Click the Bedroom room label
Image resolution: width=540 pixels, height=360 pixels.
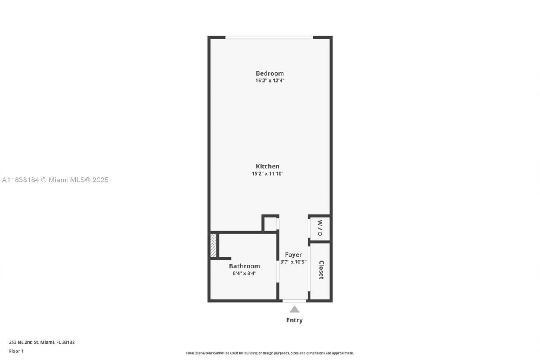tap(270, 73)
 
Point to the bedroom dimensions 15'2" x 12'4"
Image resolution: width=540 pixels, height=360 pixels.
tap(270, 81)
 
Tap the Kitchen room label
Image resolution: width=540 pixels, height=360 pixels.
tap(267, 166)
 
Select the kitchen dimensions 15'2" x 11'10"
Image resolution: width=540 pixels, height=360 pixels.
tap(267, 173)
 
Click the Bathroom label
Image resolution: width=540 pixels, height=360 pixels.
tap(244, 266)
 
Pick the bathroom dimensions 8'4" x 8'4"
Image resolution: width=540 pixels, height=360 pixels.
tap(244, 273)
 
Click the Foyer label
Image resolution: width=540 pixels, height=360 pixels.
tap(293, 254)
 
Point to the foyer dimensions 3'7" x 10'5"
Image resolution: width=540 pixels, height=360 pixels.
tap(293, 262)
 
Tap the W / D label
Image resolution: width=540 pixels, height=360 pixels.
tap(320, 228)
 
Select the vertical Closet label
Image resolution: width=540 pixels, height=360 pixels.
tap(321, 270)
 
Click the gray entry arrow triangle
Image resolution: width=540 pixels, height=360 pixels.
tap(294, 309)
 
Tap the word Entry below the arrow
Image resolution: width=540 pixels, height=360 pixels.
tap(294, 320)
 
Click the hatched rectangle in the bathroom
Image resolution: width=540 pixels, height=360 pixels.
tap(213, 245)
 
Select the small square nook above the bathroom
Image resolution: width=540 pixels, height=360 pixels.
tap(270, 224)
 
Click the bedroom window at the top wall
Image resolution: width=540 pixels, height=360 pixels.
tap(269, 38)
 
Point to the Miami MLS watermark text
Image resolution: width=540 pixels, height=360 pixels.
tap(55, 180)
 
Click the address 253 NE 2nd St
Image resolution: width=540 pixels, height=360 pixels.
tap(42, 342)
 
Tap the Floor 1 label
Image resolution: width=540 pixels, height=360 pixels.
tap(16, 351)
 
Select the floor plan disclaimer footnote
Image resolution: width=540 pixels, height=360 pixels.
tap(270, 353)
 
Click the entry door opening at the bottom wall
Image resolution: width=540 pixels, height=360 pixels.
tap(294, 300)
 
